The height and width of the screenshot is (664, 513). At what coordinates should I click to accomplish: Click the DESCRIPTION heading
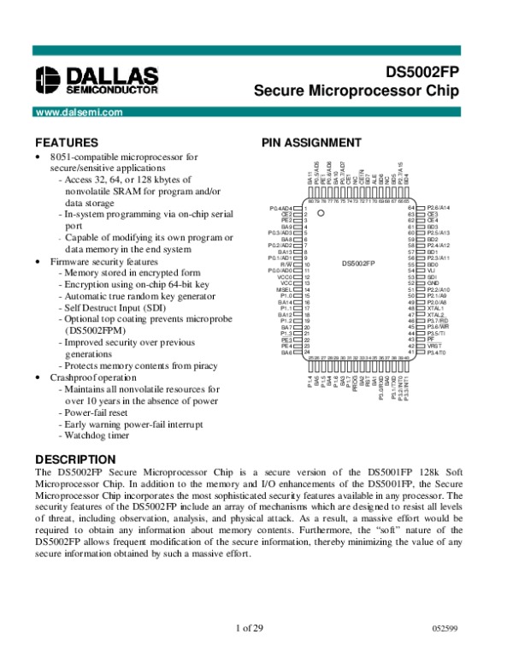click(x=77, y=458)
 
